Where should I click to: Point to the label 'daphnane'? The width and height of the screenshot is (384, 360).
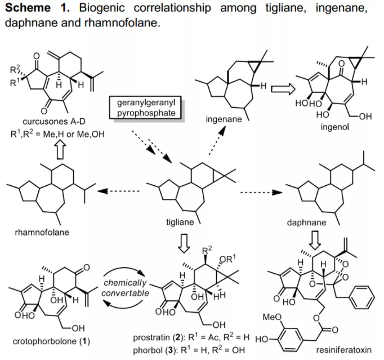(x=307, y=223)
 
